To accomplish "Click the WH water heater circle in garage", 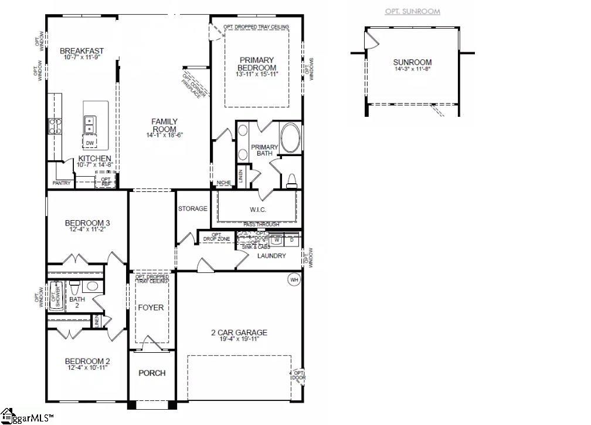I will [x=294, y=279].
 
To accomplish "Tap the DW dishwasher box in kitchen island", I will [x=90, y=143].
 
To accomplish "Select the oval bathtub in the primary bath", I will [x=290, y=138].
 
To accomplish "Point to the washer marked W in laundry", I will [x=277, y=240].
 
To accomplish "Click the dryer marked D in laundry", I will [x=291, y=240].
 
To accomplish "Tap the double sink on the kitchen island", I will [x=90, y=125].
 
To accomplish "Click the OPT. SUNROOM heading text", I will [x=412, y=12].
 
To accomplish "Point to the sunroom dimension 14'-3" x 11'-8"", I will [x=412, y=69].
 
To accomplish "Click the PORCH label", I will [x=152, y=373].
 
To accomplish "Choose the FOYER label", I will [x=151, y=308].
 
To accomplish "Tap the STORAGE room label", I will [x=193, y=208].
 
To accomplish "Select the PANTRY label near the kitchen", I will [x=61, y=183].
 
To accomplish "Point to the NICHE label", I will [x=223, y=183].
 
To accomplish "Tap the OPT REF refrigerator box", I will [x=106, y=181].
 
